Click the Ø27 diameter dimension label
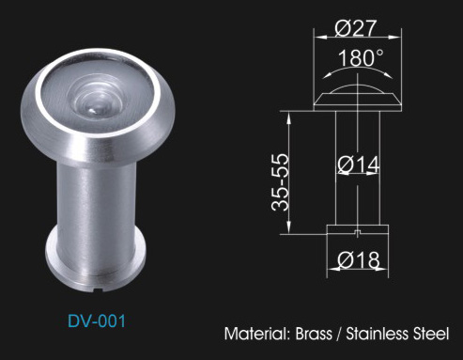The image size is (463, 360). pos(358,27)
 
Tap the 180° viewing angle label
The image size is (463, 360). pos(359,58)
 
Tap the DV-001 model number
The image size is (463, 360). pos(97,320)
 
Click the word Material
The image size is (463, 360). pos(255,334)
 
